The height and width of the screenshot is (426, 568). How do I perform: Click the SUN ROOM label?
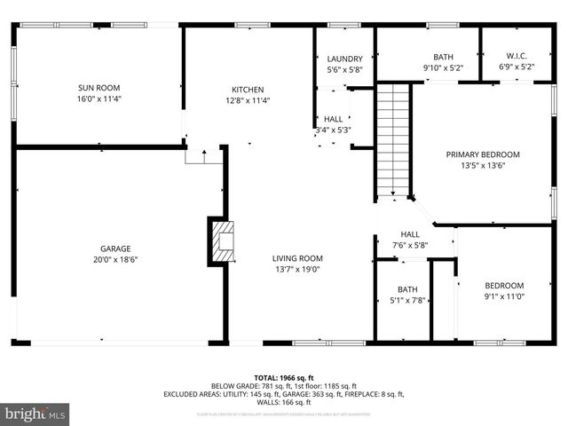[99, 88]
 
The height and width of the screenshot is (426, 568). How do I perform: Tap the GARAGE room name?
[115, 247]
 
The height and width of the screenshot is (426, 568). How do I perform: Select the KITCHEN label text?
[248, 89]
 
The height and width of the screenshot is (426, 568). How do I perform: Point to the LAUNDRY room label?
[344, 58]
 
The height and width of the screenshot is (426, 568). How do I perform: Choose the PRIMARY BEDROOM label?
[482, 154]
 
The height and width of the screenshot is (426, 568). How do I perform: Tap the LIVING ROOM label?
[296, 258]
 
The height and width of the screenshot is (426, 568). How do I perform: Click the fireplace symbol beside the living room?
[224, 240]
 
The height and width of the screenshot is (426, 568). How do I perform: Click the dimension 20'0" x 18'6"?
[115, 258]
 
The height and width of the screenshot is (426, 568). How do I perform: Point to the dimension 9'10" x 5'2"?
[443, 67]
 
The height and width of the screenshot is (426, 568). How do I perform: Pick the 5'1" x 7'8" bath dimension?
[407, 300]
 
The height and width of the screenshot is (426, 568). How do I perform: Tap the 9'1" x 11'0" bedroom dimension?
[504, 296]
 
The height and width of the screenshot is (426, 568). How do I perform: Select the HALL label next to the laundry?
[334, 119]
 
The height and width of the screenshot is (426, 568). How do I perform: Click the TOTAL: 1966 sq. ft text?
[284, 377]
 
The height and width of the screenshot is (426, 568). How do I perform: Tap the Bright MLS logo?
[35, 414]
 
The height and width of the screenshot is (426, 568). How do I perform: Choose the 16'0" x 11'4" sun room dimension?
[99, 99]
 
